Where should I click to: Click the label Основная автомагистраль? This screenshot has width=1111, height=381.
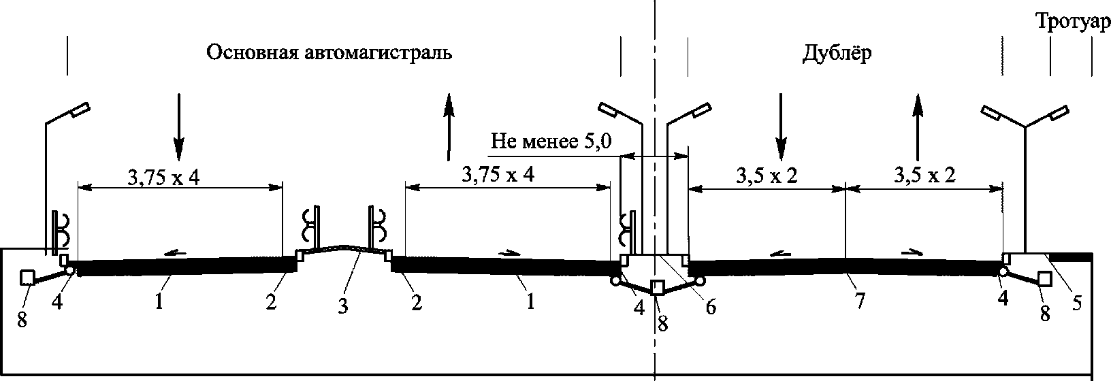point(329,53)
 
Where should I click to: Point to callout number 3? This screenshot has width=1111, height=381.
point(342,307)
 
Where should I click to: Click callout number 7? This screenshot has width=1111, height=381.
point(859,301)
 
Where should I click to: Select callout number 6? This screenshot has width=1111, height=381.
point(710,307)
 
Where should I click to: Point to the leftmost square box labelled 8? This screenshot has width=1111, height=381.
point(28,278)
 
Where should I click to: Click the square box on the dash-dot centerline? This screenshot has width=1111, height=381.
point(658,287)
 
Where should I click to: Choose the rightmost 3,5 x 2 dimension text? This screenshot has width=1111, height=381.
point(923,175)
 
